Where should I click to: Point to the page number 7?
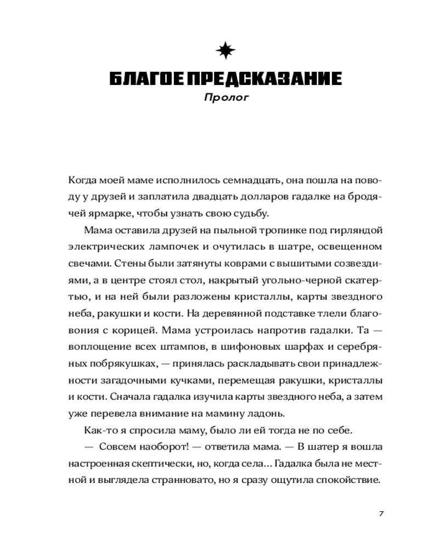tap(381, 513)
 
